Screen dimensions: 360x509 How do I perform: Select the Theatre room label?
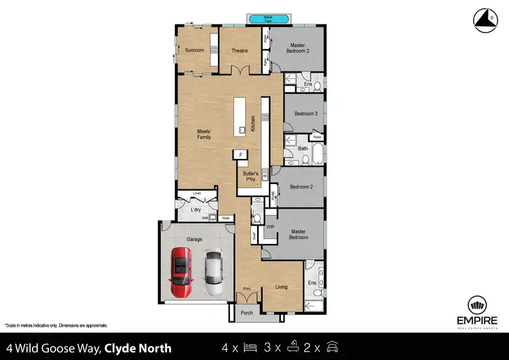[239, 51]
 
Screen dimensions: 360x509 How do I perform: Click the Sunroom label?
[195, 50]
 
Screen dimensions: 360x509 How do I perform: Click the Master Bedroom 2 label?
[299, 48]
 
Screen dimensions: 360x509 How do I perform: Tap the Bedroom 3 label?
[305, 113]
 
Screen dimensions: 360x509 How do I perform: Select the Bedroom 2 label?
[301, 187]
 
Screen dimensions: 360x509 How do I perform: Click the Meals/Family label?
[204, 134]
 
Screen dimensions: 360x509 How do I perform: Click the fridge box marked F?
[240, 156]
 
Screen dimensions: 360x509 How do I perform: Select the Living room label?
[281, 287]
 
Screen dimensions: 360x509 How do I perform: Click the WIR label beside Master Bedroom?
[269, 227]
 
